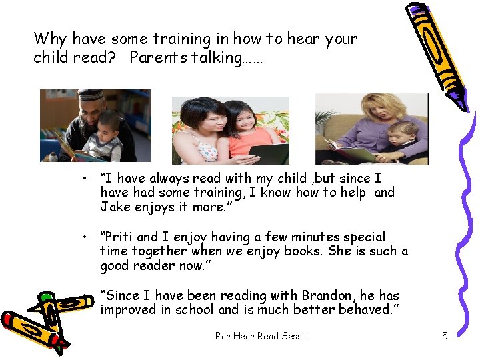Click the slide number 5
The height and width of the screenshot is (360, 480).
[445, 336]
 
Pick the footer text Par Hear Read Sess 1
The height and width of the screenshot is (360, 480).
[262, 336]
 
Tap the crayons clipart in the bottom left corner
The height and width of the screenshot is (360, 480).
[40, 320]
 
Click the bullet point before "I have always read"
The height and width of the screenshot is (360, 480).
[85, 179]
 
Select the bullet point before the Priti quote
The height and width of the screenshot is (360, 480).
[85, 237]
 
